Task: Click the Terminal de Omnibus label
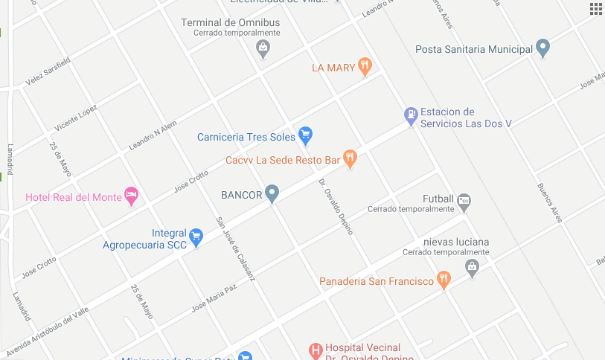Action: [x=231, y=22]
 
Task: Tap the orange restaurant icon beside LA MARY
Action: [x=364, y=67]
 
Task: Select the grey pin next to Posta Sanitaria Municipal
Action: [x=543, y=49]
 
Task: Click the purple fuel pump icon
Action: [x=410, y=115]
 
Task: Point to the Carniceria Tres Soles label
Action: [x=246, y=137]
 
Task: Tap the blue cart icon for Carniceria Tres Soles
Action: [x=304, y=135]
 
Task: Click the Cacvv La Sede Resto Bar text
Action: [x=283, y=160]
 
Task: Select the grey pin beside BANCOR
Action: [x=272, y=194]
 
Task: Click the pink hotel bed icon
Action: [x=131, y=196]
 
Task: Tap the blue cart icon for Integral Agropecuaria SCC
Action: [x=196, y=237]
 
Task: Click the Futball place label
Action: [x=438, y=199]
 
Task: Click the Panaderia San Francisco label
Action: [x=376, y=281]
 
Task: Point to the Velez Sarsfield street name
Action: [x=48, y=71]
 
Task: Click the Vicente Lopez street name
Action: [x=76, y=118]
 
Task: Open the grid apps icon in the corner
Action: [x=596, y=8]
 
